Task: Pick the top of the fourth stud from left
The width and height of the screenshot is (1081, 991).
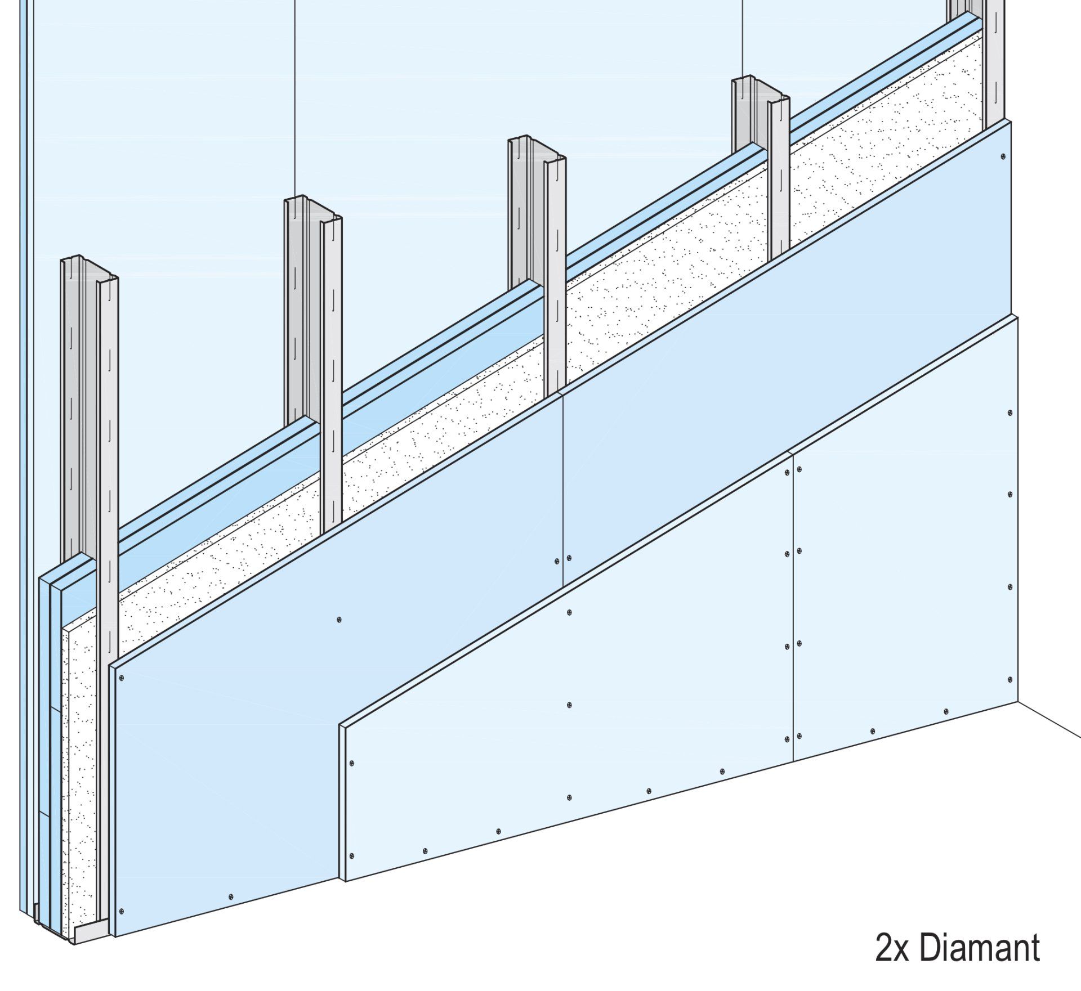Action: pos(761,86)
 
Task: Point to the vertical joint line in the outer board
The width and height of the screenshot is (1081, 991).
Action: pos(792,607)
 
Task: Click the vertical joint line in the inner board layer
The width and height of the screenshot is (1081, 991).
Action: pos(563,490)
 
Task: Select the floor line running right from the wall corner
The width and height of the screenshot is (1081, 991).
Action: pos(1049,720)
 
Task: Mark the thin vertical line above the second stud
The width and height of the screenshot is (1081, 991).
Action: pos(296,99)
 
